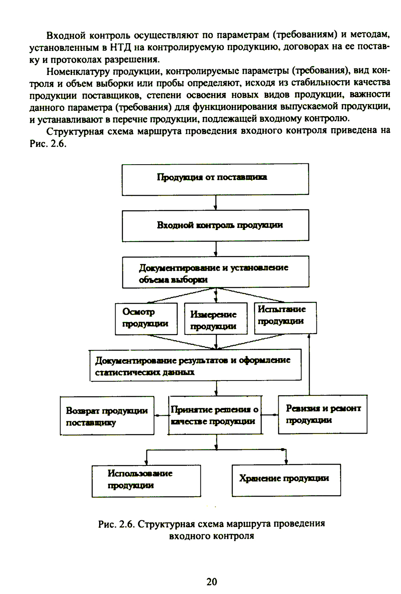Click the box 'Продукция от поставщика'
[215, 179]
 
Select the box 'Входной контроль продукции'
[215, 225]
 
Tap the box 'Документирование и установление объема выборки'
[215, 272]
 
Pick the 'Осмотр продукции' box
[146, 318]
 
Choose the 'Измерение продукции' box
[216, 319]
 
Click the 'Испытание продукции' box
[285, 318]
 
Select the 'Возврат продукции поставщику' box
[107, 416]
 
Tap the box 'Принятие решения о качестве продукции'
[215, 415]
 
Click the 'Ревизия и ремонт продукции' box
[323, 414]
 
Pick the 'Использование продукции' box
[146, 480]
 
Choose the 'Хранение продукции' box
[286, 479]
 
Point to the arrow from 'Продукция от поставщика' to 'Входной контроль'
[216, 202]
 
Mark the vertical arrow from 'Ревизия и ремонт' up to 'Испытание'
[309, 364]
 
